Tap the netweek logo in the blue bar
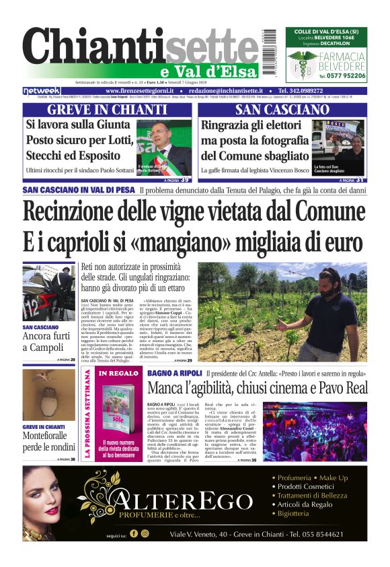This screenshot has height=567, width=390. pyautogui.click(x=42, y=90)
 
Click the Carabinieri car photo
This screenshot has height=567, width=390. pyautogui.click(x=48, y=292)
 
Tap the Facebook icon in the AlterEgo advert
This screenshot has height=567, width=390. pyautogui.click(x=133, y=533)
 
